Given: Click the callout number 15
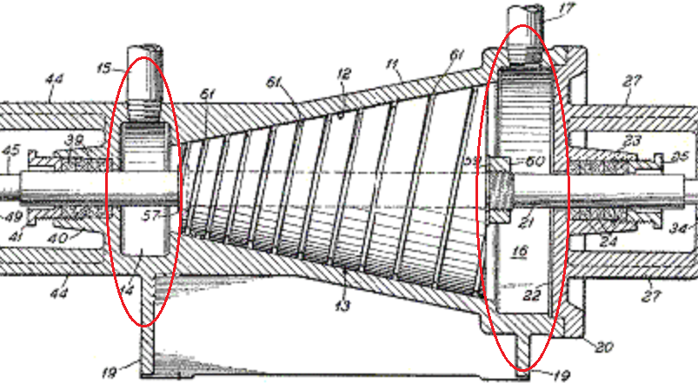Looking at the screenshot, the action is [104, 67].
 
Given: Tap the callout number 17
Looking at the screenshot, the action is [567, 11].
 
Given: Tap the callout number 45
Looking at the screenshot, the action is [10, 151].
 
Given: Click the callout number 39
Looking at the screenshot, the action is [76, 141].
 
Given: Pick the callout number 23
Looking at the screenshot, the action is [632, 141].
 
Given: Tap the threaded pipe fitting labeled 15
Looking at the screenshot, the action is [143, 87].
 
